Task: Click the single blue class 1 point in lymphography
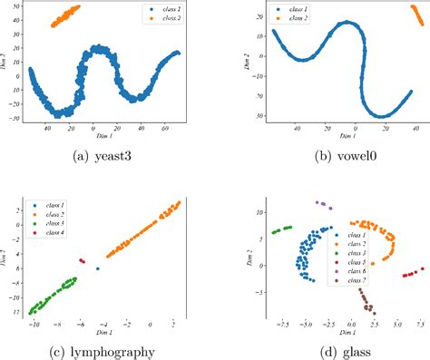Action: point(98,268)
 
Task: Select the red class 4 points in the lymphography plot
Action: point(83,261)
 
